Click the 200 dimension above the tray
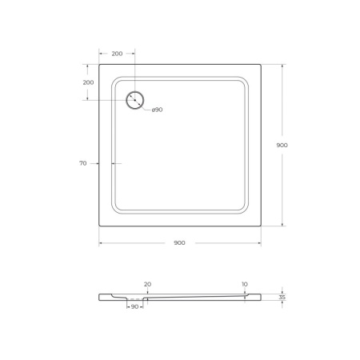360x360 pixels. pyautogui.click(x=117, y=54)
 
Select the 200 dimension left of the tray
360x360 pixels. pyautogui.click(x=88, y=82)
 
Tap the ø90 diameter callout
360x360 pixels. pyautogui.click(x=157, y=110)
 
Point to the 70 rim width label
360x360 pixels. pyautogui.click(x=82, y=163)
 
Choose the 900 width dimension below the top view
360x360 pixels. pyautogui.click(x=179, y=242)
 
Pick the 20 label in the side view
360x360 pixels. pyautogui.click(x=147, y=284)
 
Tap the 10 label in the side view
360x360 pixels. pyautogui.click(x=244, y=284)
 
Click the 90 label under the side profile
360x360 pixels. pyautogui.click(x=135, y=306)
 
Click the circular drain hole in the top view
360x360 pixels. pyautogui.click(x=135, y=100)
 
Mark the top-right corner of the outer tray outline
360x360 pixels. pyautogui.click(x=261, y=65)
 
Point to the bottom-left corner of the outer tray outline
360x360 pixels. pyautogui.click(x=99, y=226)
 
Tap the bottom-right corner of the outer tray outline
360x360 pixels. pyautogui.click(x=261, y=226)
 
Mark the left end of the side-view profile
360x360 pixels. pyautogui.click(x=100, y=297)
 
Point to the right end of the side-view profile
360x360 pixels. pyautogui.click(x=260, y=297)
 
